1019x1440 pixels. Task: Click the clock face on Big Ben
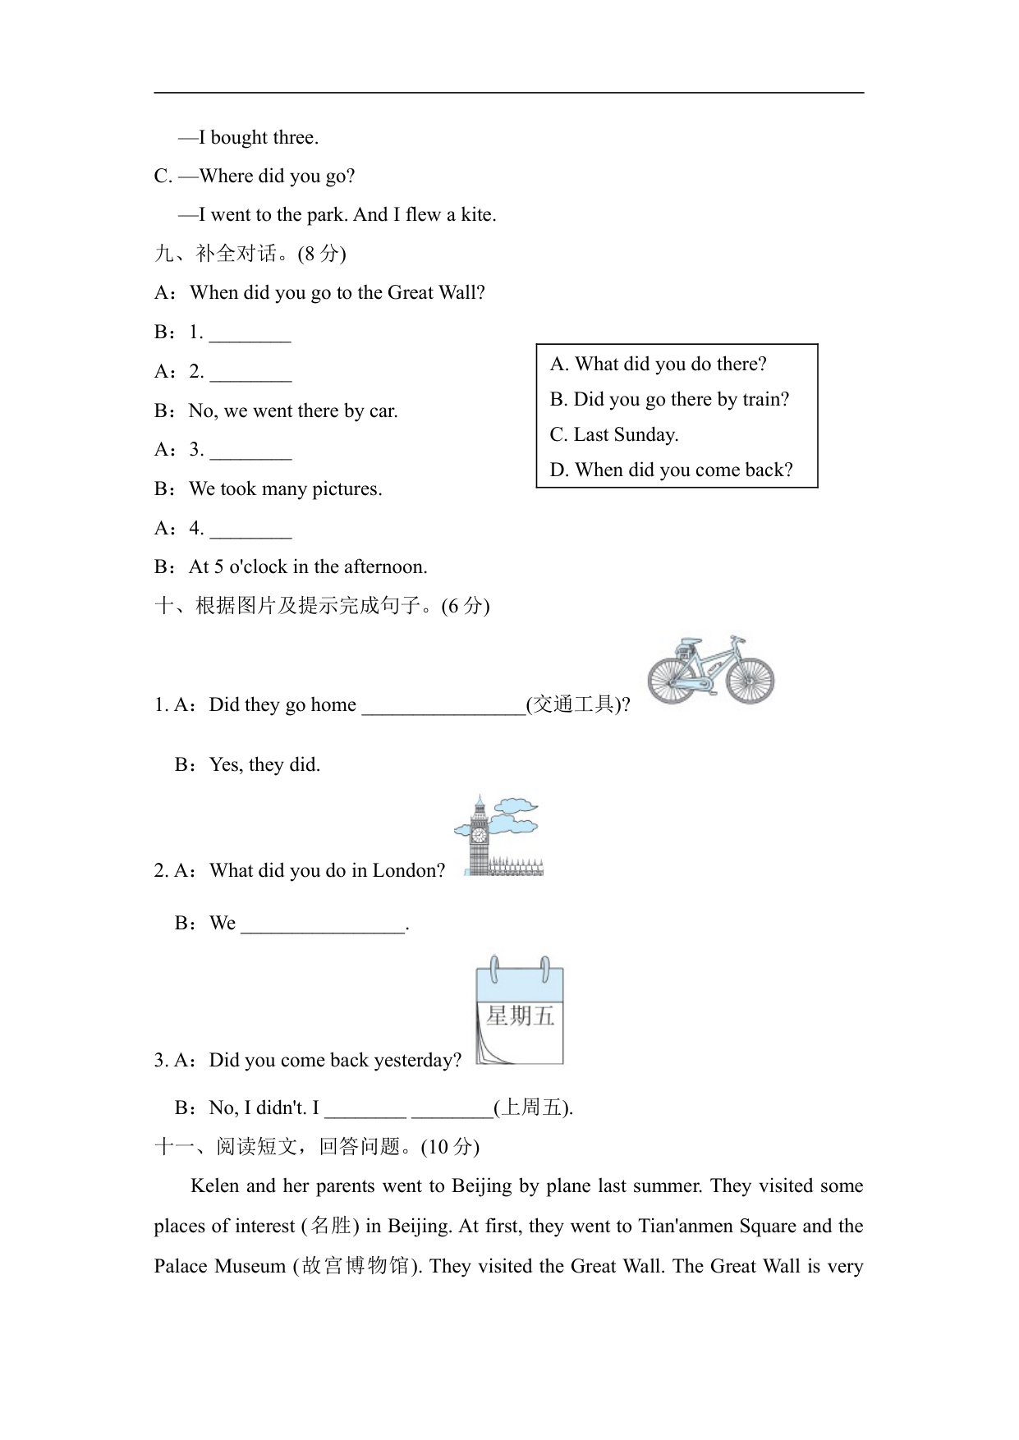click(478, 836)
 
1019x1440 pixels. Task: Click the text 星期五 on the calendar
click(521, 1016)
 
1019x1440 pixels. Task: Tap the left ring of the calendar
click(493, 970)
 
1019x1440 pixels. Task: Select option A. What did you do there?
click(658, 364)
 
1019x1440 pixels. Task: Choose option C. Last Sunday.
click(614, 434)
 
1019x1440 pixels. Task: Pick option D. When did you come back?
click(671, 470)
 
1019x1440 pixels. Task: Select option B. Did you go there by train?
click(669, 399)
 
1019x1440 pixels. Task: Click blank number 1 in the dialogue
click(250, 333)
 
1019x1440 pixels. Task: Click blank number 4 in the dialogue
click(250, 530)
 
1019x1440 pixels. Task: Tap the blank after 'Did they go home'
click(443, 706)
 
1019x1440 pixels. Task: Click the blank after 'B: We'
click(324, 924)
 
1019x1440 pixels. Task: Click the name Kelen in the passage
click(216, 1185)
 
